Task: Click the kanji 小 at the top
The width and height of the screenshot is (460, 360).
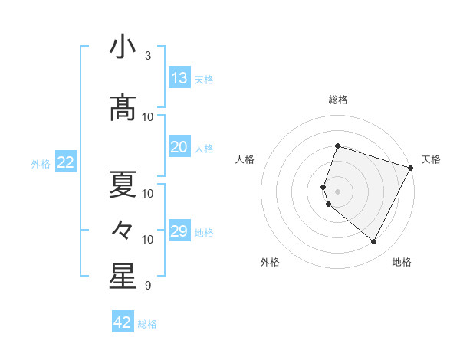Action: click(123, 47)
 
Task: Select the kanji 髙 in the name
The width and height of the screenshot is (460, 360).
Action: click(123, 109)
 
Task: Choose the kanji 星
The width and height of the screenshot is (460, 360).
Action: click(123, 277)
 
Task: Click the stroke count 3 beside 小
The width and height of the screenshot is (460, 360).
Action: click(148, 56)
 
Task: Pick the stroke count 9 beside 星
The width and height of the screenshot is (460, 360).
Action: click(148, 286)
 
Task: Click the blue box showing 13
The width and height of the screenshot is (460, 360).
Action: click(179, 78)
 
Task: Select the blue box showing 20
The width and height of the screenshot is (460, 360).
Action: click(179, 147)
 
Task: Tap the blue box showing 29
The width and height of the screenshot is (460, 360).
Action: click(179, 231)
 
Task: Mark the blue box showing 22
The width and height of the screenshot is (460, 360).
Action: click(66, 162)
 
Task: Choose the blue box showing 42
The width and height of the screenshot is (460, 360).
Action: click(123, 322)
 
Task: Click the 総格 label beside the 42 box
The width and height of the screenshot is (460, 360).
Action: click(148, 324)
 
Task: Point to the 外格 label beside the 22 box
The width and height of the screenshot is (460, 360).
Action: click(41, 163)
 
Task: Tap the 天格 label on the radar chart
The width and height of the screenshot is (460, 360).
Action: click(431, 159)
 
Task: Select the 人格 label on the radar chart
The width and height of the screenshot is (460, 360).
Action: click(245, 159)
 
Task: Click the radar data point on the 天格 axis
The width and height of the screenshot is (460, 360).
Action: click(411, 167)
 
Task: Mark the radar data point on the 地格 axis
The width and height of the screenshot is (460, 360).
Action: click(374, 242)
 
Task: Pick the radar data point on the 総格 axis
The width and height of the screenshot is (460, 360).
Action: click(337, 146)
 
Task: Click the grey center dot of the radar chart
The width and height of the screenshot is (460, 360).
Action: click(337, 191)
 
